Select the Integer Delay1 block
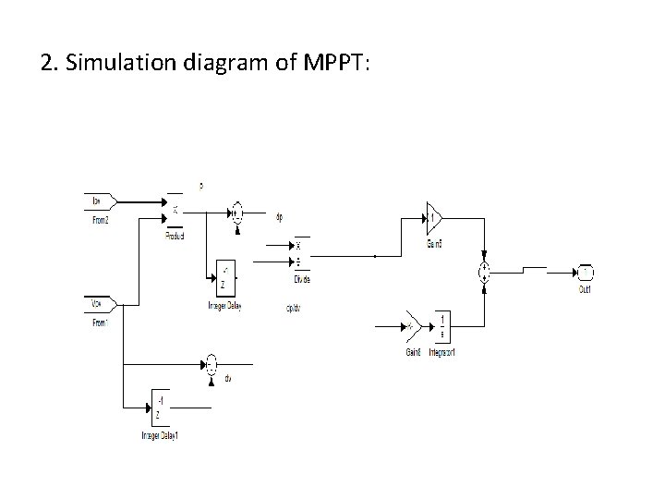click(x=161, y=406)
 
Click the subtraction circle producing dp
click(x=238, y=212)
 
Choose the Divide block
click(x=300, y=253)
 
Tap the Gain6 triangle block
click(x=412, y=325)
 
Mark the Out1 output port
click(x=585, y=272)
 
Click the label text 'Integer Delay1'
click(x=159, y=435)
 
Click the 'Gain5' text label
click(x=434, y=244)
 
